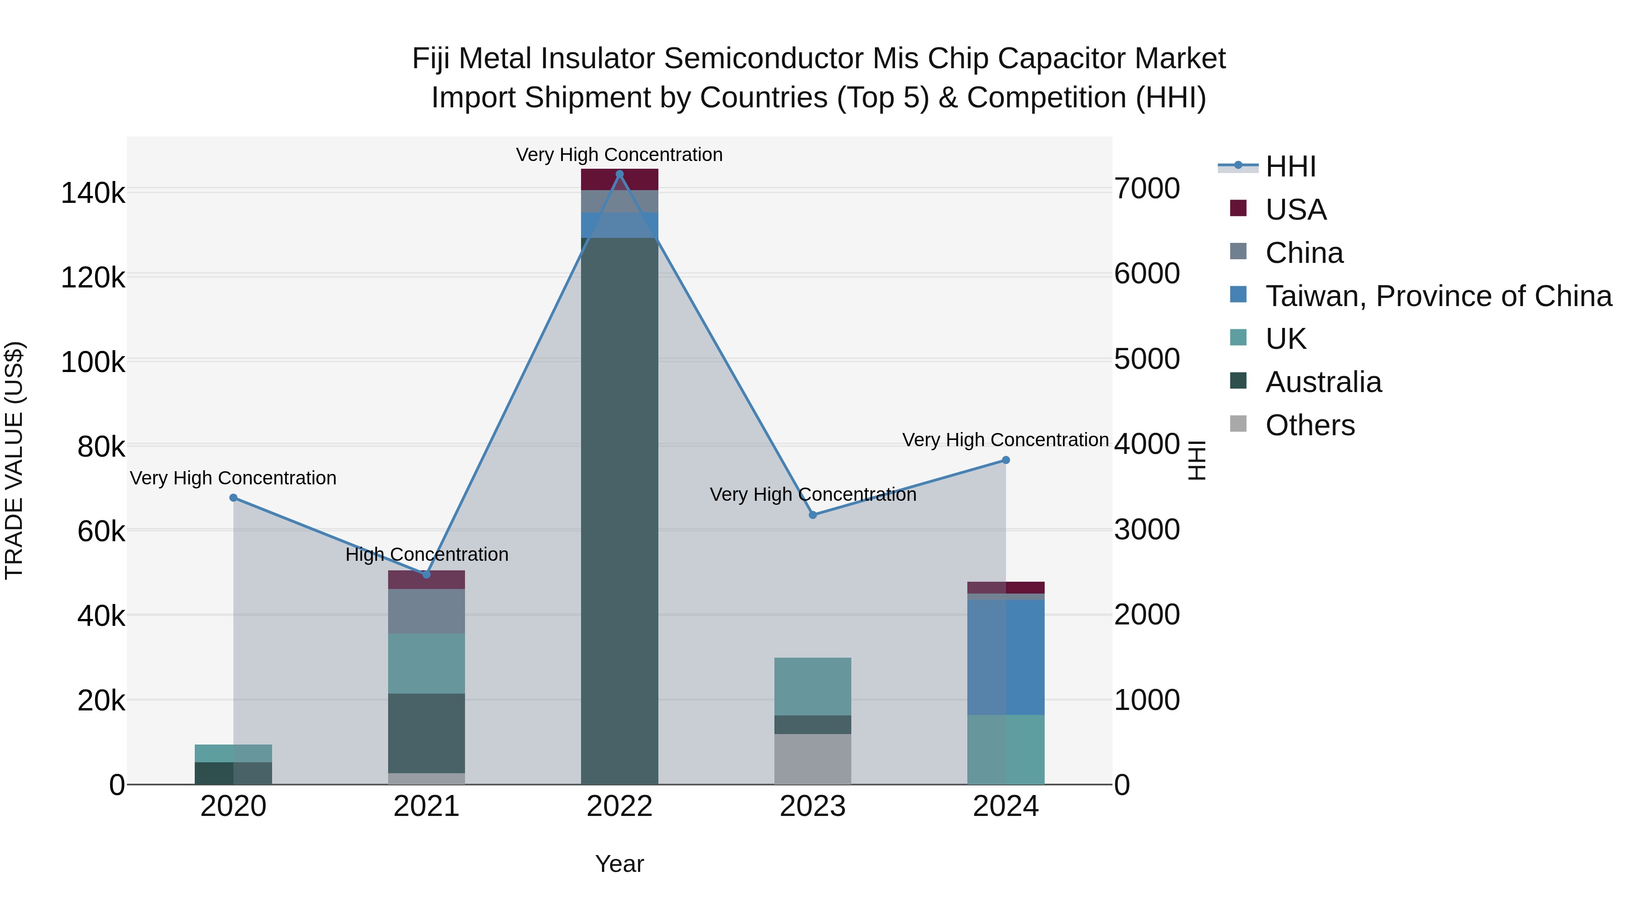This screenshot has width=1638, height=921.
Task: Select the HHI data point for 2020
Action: tap(233, 498)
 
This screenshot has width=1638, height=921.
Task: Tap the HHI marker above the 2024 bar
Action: tap(1005, 459)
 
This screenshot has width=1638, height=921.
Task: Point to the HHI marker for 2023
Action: tap(813, 515)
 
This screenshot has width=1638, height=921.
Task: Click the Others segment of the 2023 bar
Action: tap(813, 759)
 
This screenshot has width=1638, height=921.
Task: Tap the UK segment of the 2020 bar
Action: tap(233, 753)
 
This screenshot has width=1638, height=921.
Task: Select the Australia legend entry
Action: tap(1323, 382)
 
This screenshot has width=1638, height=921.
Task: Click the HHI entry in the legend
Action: tap(1290, 166)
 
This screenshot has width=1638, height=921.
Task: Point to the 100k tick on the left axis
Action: tap(93, 362)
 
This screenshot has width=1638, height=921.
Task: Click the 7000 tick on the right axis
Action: tap(1147, 189)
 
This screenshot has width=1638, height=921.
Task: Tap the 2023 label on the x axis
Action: tap(813, 806)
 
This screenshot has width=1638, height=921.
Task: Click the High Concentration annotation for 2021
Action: tap(427, 554)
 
